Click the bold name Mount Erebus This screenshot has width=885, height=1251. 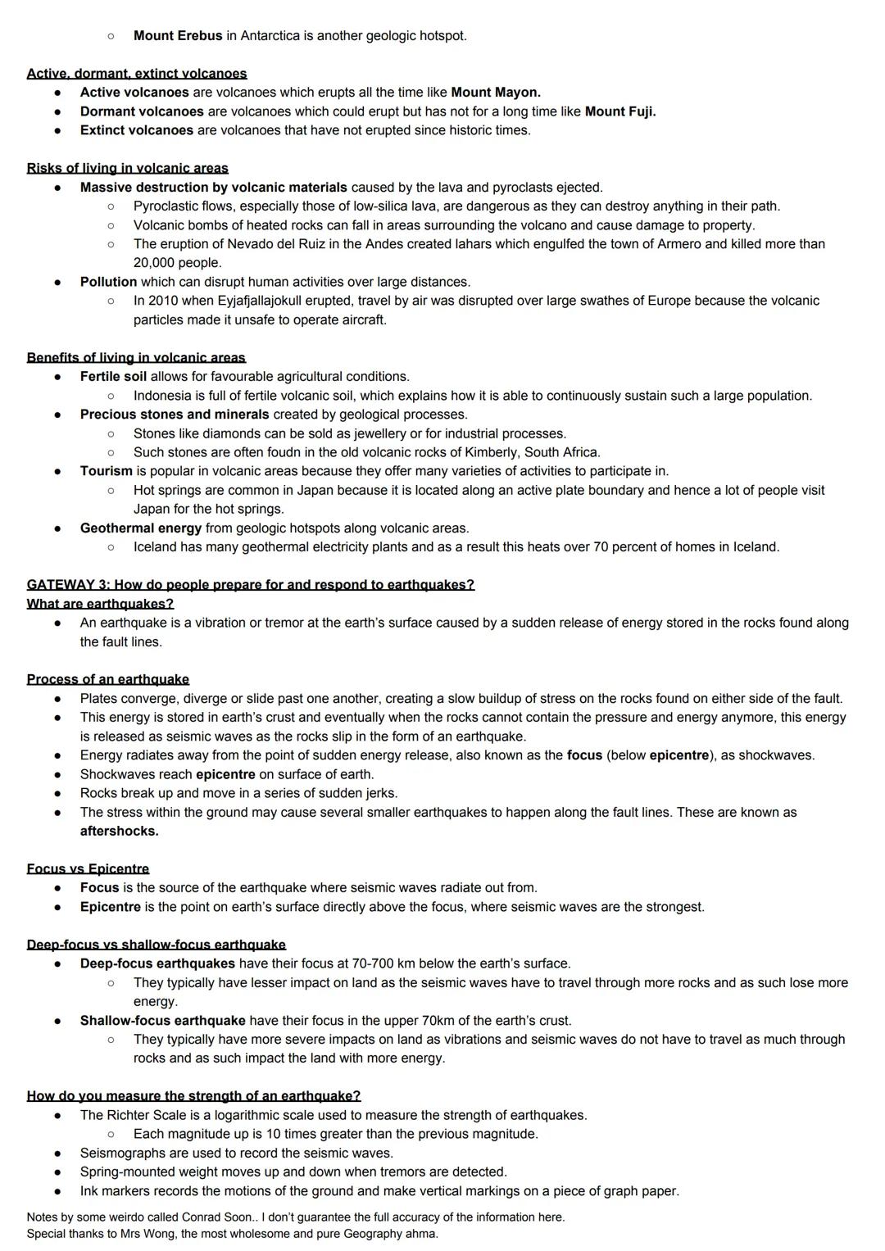coord(177,36)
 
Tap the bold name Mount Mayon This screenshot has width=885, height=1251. coord(495,93)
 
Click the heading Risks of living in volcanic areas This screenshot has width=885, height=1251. coord(127,168)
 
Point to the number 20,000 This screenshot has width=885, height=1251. coord(156,263)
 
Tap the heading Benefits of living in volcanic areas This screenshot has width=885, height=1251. coord(136,357)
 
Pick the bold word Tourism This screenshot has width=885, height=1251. coord(106,471)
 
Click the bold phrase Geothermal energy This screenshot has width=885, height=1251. coord(140,528)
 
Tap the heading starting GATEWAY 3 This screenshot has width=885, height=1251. coord(250,585)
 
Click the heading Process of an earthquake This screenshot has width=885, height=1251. coord(107,679)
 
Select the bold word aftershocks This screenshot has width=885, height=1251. coord(119,831)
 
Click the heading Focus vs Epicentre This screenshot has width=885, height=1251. coord(88,868)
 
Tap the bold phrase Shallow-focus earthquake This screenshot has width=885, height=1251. coord(162,1021)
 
